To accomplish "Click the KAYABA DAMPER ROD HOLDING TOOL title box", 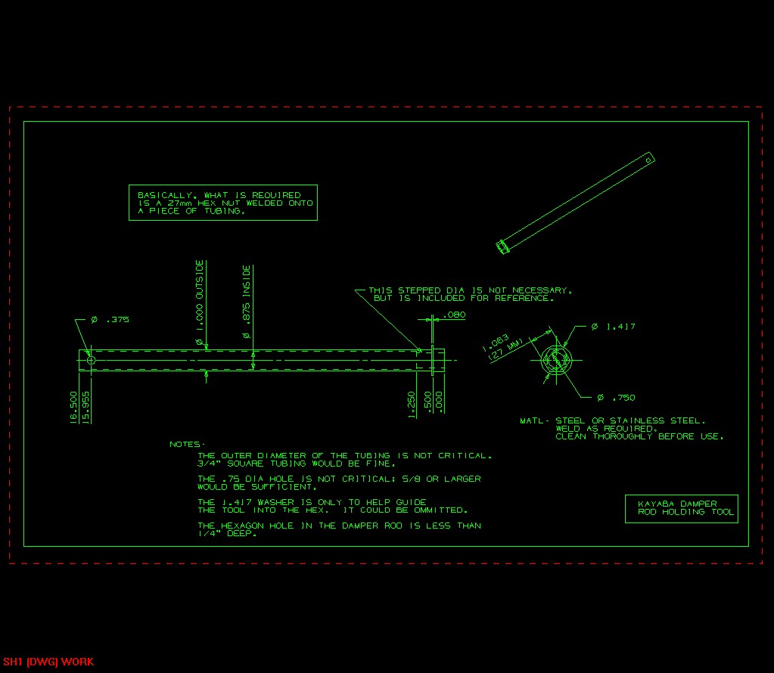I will [681, 508].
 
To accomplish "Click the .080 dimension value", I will [455, 315].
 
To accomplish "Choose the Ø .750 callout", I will [614, 398].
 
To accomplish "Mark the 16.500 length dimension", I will [73, 408].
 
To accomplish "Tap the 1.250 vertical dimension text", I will [412, 405].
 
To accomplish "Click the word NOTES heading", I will [186, 445].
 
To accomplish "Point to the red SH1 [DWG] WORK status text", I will [48, 662].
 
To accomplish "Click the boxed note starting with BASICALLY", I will [223, 203].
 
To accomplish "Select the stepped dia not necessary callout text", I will [469, 294].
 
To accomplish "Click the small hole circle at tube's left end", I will [91, 361].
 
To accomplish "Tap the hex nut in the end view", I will [557, 359].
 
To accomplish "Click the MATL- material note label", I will [535, 420].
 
